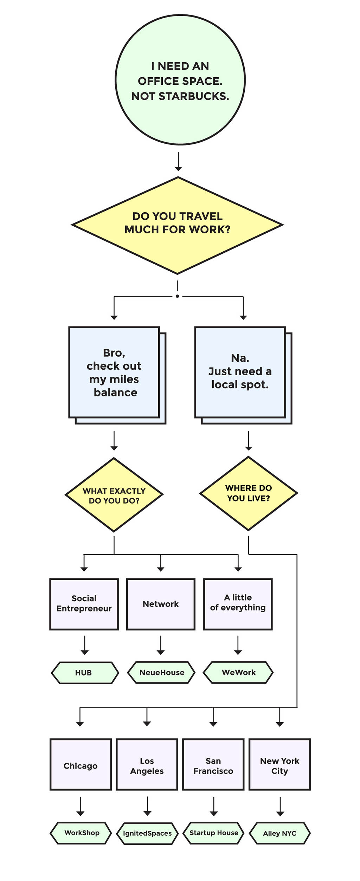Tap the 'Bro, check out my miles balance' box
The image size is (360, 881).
(x=114, y=373)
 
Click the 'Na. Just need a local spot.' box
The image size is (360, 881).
(x=240, y=372)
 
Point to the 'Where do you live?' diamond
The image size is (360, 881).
(x=249, y=493)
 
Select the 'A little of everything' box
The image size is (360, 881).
(x=238, y=604)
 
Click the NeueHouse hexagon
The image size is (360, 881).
(x=161, y=672)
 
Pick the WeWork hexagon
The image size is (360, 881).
(x=238, y=672)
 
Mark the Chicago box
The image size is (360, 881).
(x=81, y=766)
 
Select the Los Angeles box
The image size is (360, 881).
(x=147, y=766)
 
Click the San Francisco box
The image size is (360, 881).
(x=213, y=766)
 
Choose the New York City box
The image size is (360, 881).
(x=280, y=766)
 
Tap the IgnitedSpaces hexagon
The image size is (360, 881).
(x=147, y=833)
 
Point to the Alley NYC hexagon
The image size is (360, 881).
(x=280, y=833)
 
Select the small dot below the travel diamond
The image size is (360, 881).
(x=178, y=296)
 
